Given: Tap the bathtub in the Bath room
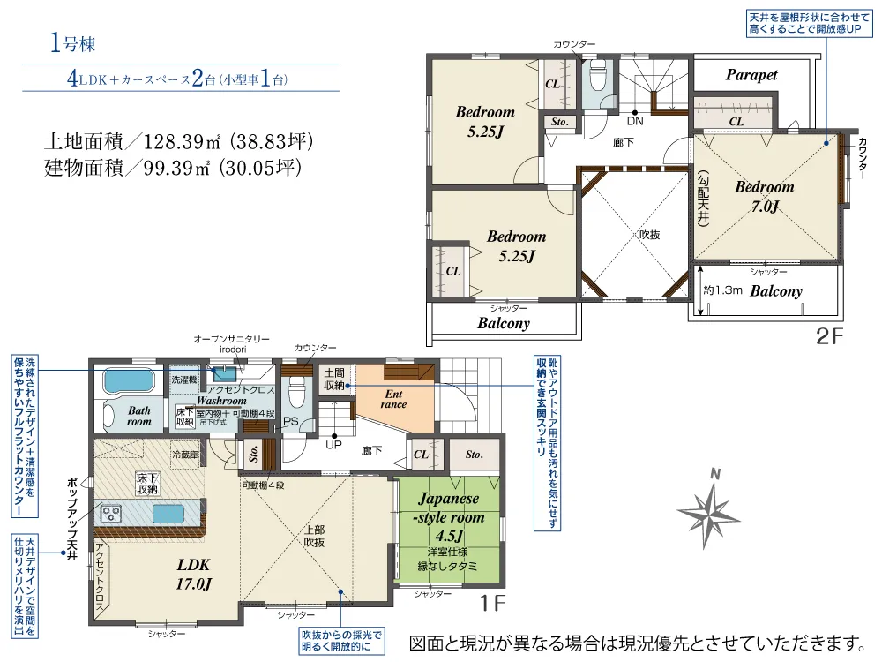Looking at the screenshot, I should click(129, 382).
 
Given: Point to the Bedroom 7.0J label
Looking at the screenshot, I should click(764, 197).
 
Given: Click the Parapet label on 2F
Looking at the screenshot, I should click(751, 75).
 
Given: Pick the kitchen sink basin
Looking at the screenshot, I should click(169, 514).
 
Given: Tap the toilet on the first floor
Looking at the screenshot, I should click(297, 387).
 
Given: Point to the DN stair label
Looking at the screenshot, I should click(634, 121).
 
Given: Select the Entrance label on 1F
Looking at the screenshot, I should click(393, 399).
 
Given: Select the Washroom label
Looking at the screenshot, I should click(221, 401).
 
